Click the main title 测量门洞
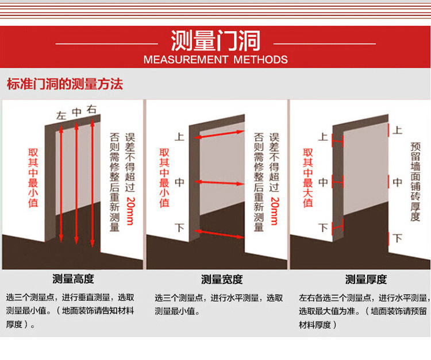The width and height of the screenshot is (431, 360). [215, 41]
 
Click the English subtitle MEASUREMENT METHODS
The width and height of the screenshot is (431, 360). [215, 60]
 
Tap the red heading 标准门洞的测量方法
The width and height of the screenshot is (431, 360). [65, 84]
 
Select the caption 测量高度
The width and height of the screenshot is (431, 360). [73, 279]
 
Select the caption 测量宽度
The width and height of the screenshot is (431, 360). [222, 280]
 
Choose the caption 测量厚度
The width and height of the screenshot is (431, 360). [366, 280]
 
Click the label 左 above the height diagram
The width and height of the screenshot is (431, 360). [61, 115]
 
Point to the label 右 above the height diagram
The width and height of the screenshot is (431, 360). [91, 109]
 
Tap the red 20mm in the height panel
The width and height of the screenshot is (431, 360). [130, 211]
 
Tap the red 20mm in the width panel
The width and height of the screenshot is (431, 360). [274, 211]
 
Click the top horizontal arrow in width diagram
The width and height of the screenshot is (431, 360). [220, 134]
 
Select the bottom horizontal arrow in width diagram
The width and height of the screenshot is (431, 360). [220, 234]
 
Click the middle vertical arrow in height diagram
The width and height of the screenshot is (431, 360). [76, 183]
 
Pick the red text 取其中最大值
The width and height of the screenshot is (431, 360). [308, 178]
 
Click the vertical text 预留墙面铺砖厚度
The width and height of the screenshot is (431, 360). [415, 182]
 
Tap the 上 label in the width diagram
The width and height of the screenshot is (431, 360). [179, 137]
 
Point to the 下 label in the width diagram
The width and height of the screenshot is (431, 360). [179, 227]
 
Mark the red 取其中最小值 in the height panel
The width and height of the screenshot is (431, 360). [33, 178]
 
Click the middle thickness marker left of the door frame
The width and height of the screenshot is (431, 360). [337, 182]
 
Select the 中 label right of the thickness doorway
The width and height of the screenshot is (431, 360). [398, 182]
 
